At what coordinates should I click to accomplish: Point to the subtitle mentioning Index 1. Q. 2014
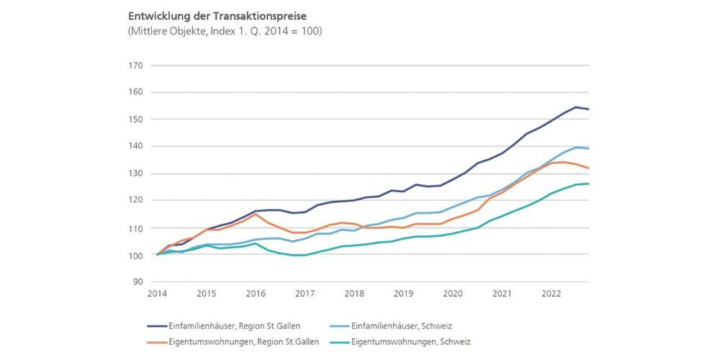point(225,31)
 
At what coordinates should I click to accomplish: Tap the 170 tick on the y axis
point(135,66)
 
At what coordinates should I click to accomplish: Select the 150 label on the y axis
point(135,120)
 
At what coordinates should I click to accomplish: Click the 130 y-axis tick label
point(135,174)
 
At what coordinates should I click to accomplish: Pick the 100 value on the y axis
point(135,256)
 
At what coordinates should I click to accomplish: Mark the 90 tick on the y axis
point(138,282)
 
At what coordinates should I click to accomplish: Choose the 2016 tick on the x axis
point(256,294)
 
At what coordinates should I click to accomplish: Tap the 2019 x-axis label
point(404,294)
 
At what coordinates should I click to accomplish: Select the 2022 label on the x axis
point(552,294)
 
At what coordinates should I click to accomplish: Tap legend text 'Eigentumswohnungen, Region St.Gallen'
point(248,341)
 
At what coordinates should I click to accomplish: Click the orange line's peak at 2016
point(256,214)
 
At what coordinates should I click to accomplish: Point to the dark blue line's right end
point(588,109)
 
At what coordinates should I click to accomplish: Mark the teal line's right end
point(588,184)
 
